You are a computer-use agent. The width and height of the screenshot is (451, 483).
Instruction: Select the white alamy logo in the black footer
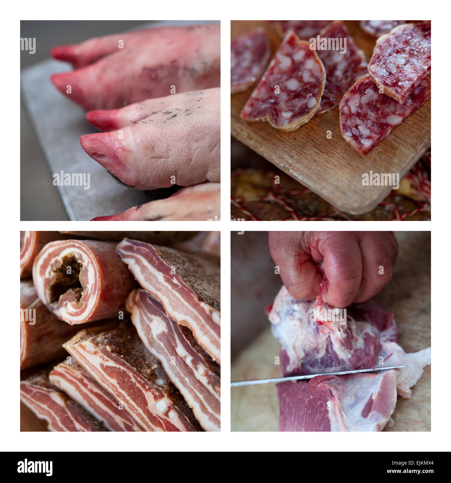35,467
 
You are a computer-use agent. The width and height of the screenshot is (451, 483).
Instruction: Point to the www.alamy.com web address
410,471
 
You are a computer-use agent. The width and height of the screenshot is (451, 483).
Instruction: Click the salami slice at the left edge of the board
249,61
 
